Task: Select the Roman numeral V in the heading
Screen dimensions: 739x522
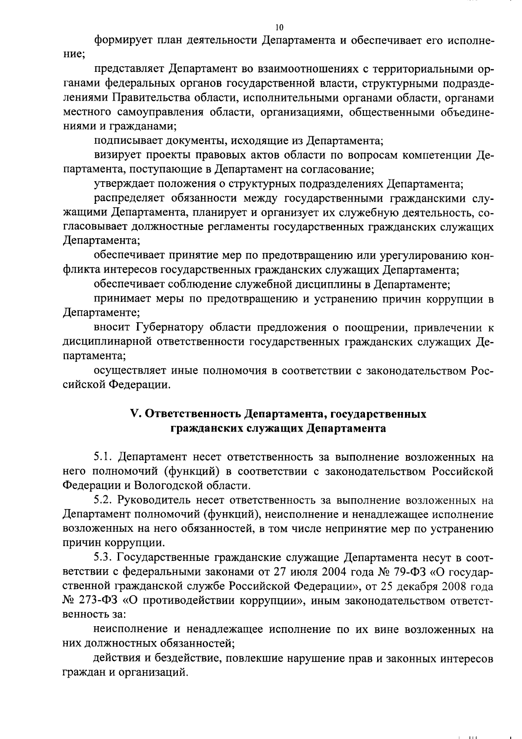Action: [134, 414]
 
